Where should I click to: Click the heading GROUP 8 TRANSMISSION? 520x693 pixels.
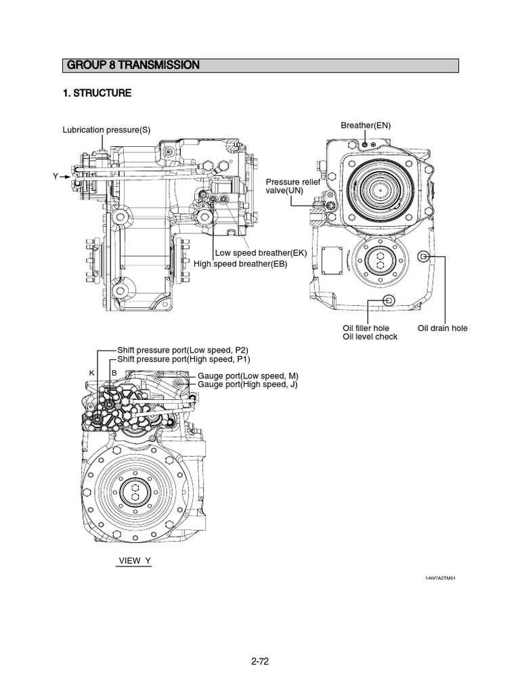[x=133, y=66]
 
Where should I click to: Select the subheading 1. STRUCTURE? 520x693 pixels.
[x=97, y=93]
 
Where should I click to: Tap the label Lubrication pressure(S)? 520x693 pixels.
[x=106, y=130]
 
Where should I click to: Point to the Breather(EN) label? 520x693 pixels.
[x=366, y=126]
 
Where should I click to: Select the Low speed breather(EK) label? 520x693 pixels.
[x=261, y=253]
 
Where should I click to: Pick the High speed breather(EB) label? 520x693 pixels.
[x=240, y=264]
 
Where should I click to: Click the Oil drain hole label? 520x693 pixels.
[x=442, y=328]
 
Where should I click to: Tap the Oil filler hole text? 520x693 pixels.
[x=366, y=328]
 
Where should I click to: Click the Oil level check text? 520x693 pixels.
[x=370, y=337]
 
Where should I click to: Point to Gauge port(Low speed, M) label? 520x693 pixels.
[x=248, y=376]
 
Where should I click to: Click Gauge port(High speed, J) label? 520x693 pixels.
[x=248, y=384]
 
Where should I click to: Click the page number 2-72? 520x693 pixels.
[x=260, y=662]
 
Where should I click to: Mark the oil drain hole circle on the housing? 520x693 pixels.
[x=424, y=256]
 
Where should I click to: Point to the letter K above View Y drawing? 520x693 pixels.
[x=91, y=374]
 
